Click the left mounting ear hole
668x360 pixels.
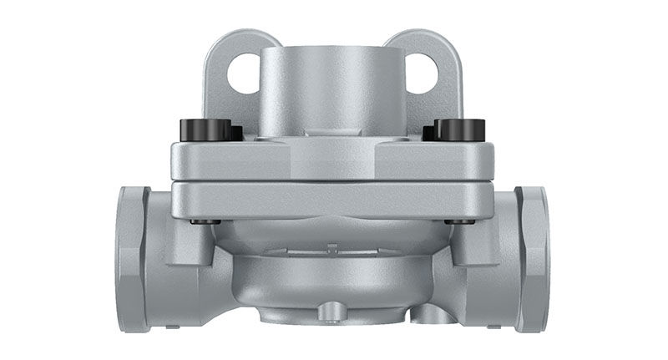pyautogui.click(x=244, y=74)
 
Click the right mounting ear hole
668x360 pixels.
pyautogui.click(x=423, y=74)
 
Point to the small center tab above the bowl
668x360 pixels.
pyautogui.click(x=332, y=247)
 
